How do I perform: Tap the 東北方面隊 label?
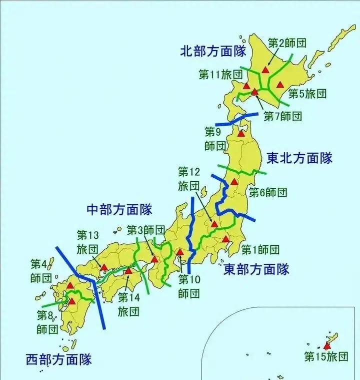coord(299,159)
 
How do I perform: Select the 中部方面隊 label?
coord(119,209)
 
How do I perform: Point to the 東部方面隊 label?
coord(256,269)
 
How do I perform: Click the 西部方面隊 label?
coord(59,359)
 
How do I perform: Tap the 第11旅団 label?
coord(220,75)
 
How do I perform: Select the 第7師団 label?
coord(283,116)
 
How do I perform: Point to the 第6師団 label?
coord(268,192)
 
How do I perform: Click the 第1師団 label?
coord(260,249)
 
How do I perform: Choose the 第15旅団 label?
coord(326,356)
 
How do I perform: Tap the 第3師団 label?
coord(146,230)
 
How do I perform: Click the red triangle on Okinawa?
coord(327,345)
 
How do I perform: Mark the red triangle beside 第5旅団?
coord(280,84)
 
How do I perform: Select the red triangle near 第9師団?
coord(241,133)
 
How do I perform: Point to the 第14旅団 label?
coord(128,304)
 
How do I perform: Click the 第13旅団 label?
coord(88,242)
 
